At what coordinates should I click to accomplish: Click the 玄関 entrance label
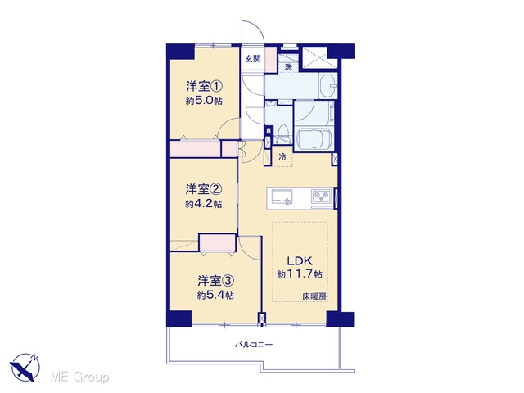pos(253,59)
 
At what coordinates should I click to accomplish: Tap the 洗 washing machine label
pos(288,67)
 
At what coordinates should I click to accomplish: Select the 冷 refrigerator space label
pos(282,156)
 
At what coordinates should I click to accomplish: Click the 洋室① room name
pos(204,87)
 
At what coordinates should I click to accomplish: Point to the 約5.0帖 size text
pos(204,101)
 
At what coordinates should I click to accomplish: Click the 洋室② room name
pos(204,189)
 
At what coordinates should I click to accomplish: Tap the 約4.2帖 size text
pos(204,204)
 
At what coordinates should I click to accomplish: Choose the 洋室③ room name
pos(215,281)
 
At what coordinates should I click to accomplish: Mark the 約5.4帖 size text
pos(215,295)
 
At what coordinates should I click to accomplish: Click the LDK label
pos(300,260)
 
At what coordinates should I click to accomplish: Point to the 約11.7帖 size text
pos(300,274)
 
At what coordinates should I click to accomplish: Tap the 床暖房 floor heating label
pos(314,296)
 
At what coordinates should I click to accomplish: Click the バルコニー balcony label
pos(254,344)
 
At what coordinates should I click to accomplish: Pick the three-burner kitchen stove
pos(322,196)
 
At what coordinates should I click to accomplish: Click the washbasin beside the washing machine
pos(327,86)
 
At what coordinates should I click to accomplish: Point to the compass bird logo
pos(25,368)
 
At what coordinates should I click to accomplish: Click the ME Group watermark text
pos(79,377)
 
